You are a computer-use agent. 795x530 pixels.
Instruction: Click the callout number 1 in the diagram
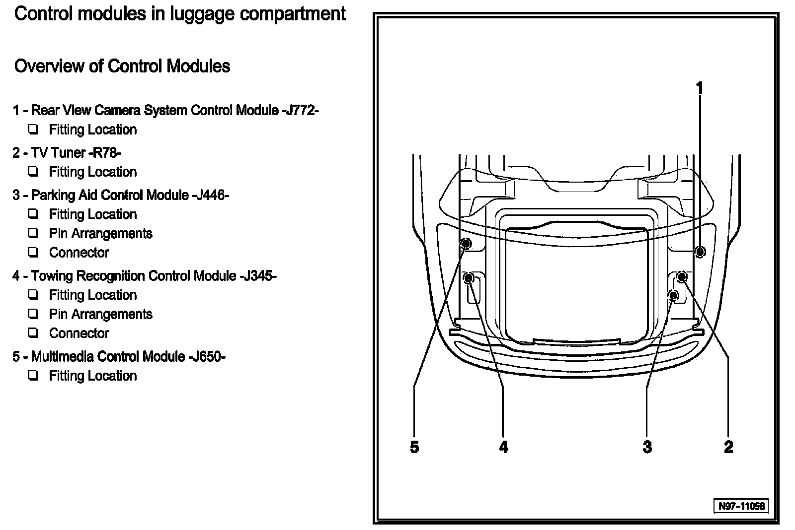[700, 89]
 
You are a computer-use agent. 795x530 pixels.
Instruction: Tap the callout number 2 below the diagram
[728, 447]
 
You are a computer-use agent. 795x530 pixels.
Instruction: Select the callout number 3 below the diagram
[647, 447]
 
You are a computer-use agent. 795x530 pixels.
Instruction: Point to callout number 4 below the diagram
[503, 447]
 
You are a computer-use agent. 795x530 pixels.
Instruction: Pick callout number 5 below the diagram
[414, 447]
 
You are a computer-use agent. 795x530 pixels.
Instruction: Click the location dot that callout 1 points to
[700, 252]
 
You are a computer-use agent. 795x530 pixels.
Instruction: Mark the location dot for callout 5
[466, 243]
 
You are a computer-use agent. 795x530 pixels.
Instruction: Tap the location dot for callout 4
[468, 278]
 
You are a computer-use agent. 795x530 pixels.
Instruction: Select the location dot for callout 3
[673, 296]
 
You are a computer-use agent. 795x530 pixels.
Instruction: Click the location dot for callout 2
[682, 276]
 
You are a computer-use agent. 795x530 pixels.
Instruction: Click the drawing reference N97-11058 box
[741, 506]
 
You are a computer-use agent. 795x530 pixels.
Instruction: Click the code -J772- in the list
[300, 110]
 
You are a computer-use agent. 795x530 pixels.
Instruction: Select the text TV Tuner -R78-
[76, 152]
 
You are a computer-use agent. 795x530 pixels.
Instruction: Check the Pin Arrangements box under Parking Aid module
[33, 233]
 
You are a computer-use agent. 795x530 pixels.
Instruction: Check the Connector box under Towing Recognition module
[33, 333]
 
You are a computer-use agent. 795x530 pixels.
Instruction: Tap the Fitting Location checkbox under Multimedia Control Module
[33, 376]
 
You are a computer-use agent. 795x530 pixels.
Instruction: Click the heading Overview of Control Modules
[122, 66]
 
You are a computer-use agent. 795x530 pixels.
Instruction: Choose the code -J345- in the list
[258, 275]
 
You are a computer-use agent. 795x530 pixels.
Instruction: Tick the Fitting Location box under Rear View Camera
[33, 130]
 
